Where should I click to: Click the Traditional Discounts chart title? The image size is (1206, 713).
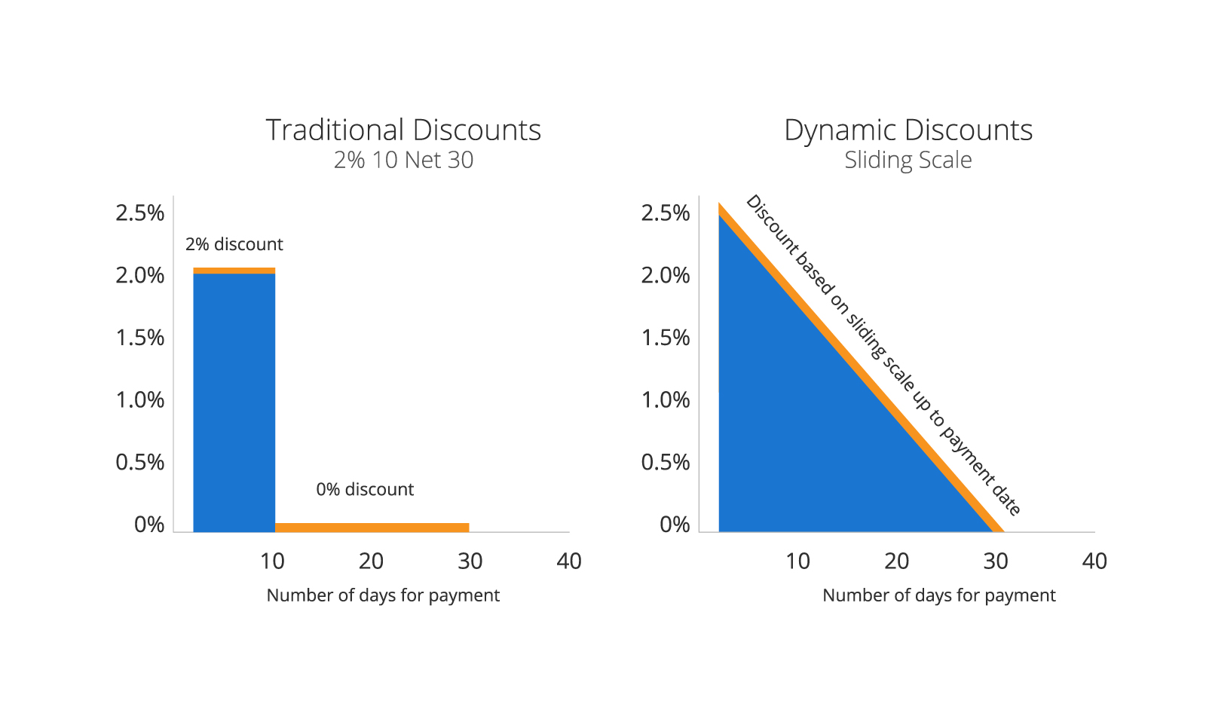point(403,130)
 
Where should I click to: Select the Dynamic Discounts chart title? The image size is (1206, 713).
point(908,130)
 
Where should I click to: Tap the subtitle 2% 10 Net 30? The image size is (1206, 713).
point(403,160)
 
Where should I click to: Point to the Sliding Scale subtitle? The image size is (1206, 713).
point(908,160)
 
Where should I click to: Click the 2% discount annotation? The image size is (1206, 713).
point(234,244)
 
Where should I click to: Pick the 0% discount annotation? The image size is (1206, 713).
point(365,489)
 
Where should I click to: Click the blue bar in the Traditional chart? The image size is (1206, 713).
point(234,399)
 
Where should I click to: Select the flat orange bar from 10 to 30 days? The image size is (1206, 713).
point(372,527)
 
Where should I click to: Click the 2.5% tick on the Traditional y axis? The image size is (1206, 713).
point(139,213)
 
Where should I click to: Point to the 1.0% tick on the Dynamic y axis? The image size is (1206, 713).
point(665,399)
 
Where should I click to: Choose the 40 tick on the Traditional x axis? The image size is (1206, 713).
point(569,561)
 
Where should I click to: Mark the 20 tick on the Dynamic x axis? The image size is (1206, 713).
point(896,561)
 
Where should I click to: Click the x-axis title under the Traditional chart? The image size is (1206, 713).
point(383,595)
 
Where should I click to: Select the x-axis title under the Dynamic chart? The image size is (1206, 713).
point(938,595)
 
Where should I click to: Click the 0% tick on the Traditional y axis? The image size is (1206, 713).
point(149,525)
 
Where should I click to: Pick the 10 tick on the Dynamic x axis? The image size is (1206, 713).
point(797,561)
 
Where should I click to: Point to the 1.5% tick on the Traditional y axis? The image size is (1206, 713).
point(139,338)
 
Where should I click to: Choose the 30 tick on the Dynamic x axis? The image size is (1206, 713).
point(996,561)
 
